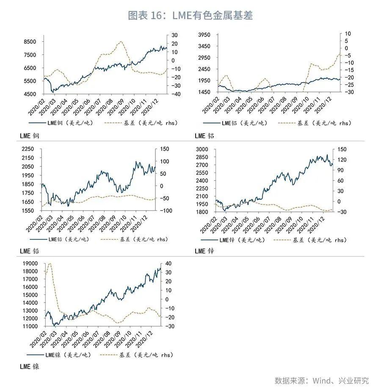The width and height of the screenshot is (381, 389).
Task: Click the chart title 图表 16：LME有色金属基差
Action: pos(190,16)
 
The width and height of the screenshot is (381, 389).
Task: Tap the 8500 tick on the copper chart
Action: pos(30,42)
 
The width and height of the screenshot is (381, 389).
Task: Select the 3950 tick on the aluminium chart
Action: pos(205,34)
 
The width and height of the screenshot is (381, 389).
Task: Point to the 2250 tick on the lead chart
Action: pos(28,149)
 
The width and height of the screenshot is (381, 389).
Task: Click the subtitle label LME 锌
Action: pos(204,251)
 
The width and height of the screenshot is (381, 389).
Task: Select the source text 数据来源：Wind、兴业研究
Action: pos(322,380)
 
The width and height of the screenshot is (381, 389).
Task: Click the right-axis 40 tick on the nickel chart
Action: pos(168,264)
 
